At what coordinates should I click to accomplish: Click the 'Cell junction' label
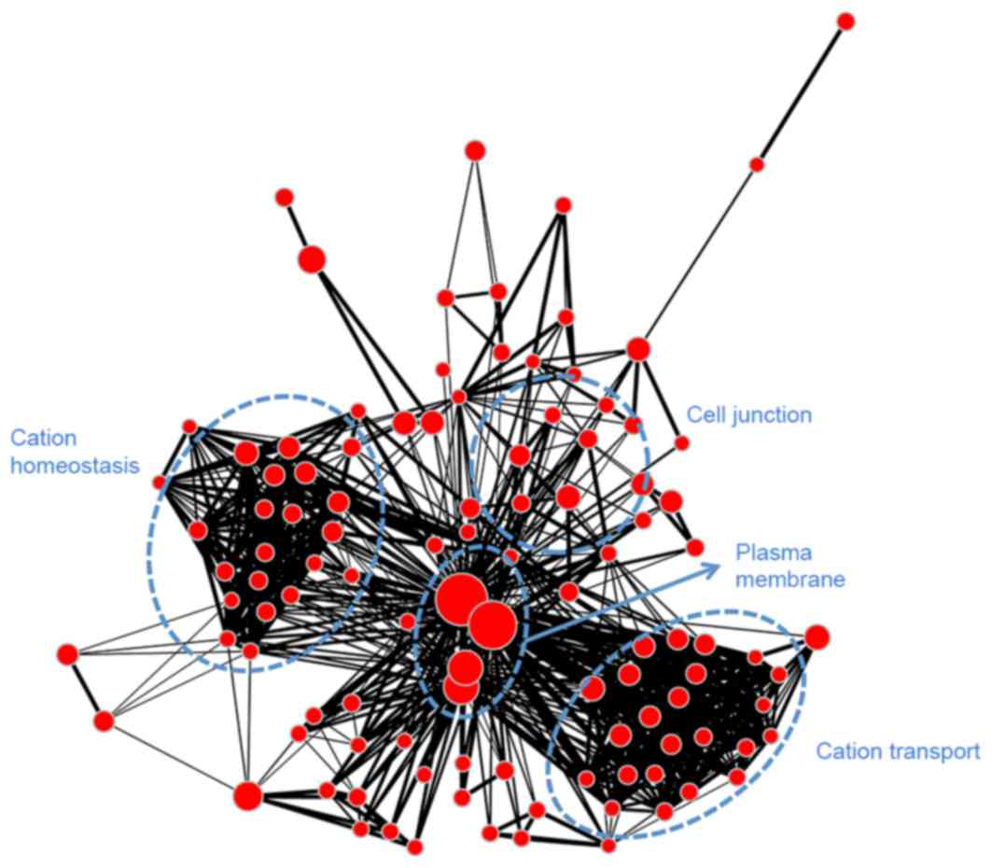[x=749, y=414]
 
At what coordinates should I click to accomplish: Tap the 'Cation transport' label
[x=898, y=751]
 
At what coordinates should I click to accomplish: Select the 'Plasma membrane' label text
[x=789, y=566]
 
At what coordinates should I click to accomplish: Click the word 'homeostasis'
[x=75, y=463]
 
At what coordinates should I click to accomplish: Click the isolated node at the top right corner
[x=845, y=21]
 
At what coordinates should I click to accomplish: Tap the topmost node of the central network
[x=475, y=150]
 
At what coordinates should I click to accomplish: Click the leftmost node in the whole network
[x=67, y=654]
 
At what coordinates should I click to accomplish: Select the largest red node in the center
[x=459, y=595]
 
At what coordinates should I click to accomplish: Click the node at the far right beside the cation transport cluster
[x=817, y=637]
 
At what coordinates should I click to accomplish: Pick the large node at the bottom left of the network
[x=247, y=796]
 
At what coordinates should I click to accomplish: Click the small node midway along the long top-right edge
[x=757, y=165]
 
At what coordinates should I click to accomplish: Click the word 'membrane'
[x=789, y=580]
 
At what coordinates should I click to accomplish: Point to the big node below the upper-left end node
[x=312, y=259]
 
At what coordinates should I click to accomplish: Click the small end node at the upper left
[x=285, y=198]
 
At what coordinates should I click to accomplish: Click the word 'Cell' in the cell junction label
[x=703, y=414]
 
